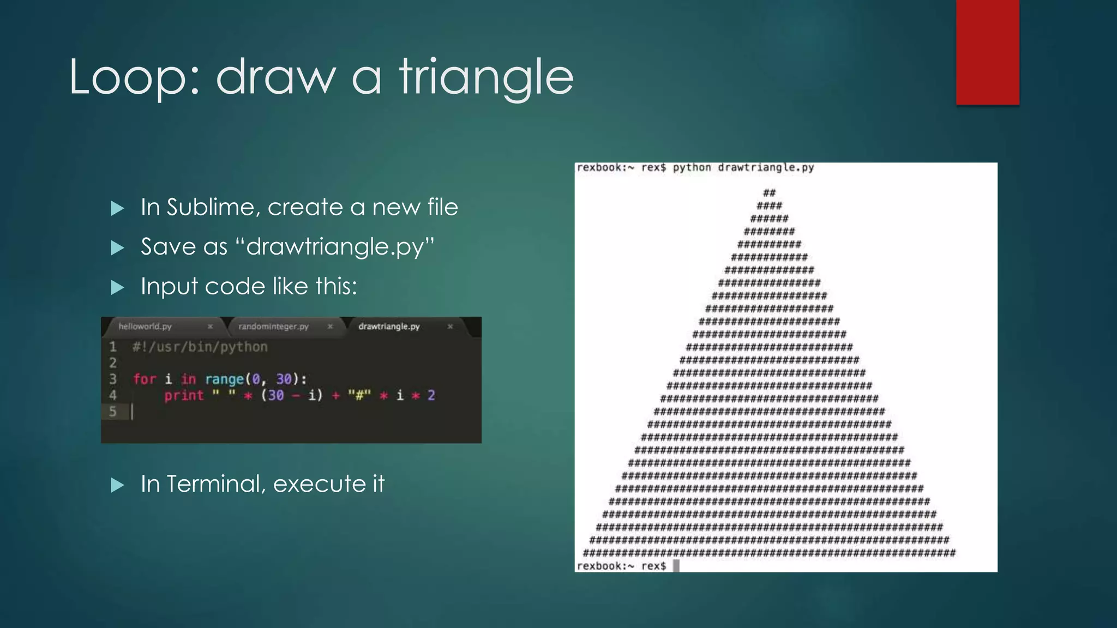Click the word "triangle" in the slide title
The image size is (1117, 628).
coord(487,78)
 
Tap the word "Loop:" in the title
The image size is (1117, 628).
coord(134,78)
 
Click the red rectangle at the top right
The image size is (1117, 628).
coord(987,52)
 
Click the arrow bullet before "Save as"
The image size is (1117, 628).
coord(117,248)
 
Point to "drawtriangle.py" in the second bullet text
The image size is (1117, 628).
coord(335,247)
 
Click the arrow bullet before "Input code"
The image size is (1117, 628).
coord(117,287)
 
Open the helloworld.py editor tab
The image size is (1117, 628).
coord(145,327)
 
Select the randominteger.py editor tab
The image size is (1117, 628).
coord(273,327)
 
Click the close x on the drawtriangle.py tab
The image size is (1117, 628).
coord(450,327)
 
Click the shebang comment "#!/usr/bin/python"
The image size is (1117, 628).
coord(200,347)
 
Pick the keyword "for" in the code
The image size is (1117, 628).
coord(145,379)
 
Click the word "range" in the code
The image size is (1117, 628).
coord(224,379)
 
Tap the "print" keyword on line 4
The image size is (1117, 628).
coord(184,395)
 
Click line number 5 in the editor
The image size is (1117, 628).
coord(113,412)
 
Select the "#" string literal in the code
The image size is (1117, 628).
coord(359,395)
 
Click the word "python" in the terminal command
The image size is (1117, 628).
coord(692,167)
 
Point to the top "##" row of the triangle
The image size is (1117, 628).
coord(769,192)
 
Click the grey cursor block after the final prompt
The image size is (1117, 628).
coord(676,565)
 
